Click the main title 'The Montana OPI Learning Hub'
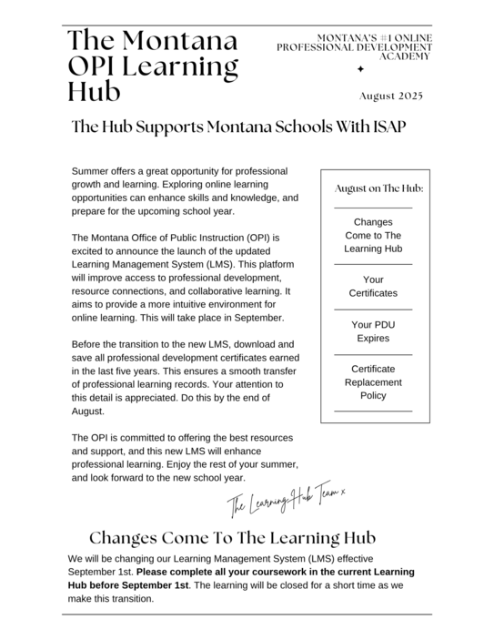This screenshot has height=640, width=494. click(153, 66)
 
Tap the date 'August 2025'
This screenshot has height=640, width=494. click(391, 96)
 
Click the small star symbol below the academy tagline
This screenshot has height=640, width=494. click(361, 69)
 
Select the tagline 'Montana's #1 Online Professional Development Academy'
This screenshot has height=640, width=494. click(355, 46)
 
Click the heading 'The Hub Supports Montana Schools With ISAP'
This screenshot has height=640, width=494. click(238, 127)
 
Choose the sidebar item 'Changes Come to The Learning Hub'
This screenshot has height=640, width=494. click(373, 235)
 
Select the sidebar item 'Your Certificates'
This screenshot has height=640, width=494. click(373, 286)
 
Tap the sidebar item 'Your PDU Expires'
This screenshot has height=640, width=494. click(373, 331)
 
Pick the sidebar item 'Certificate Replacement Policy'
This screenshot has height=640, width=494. click(373, 382)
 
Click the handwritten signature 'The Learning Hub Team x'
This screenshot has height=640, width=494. click(286, 498)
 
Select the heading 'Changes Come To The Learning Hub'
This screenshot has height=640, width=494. click(232, 538)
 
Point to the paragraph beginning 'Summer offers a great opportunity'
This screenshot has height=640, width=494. click(185, 190)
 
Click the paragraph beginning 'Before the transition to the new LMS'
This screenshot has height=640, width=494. click(185, 378)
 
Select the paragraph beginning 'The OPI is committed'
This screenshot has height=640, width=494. click(185, 457)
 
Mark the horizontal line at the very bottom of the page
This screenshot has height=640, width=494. click(247, 615)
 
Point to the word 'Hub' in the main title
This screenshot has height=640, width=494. click(94, 91)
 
